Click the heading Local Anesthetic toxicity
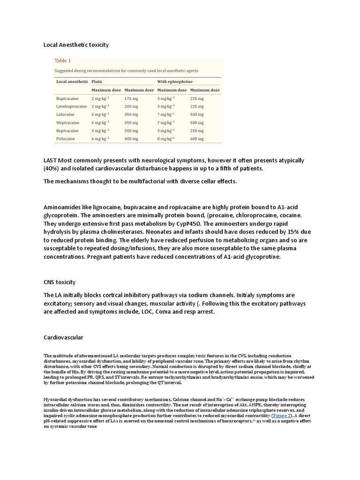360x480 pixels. tap(76, 45)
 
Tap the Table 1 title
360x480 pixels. tap(63, 60)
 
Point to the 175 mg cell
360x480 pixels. tap(131, 98)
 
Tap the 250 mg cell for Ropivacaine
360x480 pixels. tap(197, 130)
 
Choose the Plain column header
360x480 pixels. tap(97, 81)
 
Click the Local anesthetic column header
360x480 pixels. tap(72, 81)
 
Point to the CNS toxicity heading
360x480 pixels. tap(60, 282)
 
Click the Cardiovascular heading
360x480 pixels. tap(64, 337)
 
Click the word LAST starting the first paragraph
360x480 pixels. tap(52, 161)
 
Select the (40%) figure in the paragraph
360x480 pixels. tap(52, 169)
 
